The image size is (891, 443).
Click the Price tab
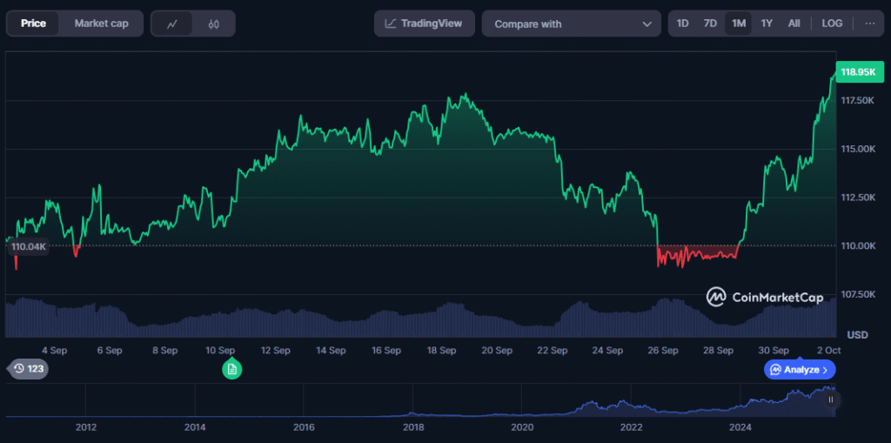coord(33,23)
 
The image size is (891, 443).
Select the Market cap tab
coord(101,23)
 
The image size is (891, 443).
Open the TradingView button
coord(425,23)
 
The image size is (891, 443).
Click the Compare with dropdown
coord(571,24)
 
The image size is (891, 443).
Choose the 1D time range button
coord(683,23)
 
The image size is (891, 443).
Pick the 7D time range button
coord(710,23)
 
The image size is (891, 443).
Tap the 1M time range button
coord(739,23)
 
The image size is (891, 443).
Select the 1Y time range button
coord(767,23)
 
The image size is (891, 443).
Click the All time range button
coord(794,23)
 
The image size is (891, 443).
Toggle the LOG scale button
coord(832,23)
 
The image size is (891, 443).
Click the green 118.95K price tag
coord(857,71)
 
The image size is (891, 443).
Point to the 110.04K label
coord(28,247)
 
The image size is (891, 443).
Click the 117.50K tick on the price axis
coord(858,101)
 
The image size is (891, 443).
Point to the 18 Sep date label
coord(442,351)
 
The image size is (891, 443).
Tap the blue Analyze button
coord(800,370)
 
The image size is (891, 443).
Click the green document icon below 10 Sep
coord(231,370)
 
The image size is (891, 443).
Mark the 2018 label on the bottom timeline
coord(413,427)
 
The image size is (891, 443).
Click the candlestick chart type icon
coord(214,24)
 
